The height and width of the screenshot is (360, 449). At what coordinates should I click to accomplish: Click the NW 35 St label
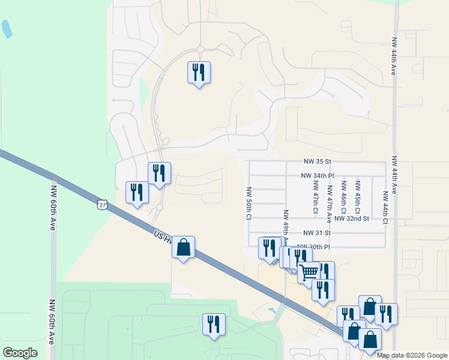pos(318,162)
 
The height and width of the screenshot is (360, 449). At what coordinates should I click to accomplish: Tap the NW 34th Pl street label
pos(317,176)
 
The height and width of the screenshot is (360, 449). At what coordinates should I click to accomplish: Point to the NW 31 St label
pos(318,233)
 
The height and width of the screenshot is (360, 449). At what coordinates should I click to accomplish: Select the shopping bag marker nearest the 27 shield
pos(183,247)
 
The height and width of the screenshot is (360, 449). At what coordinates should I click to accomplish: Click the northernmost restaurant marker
pos(199,73)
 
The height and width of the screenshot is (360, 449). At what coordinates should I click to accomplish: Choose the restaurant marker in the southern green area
pos(214,324)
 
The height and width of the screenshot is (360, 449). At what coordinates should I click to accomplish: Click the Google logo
pos(20,353)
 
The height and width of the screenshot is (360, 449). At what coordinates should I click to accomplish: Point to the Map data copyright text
pos(412,355)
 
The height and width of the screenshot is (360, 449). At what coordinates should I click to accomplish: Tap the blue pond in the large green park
pos(6,28)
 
